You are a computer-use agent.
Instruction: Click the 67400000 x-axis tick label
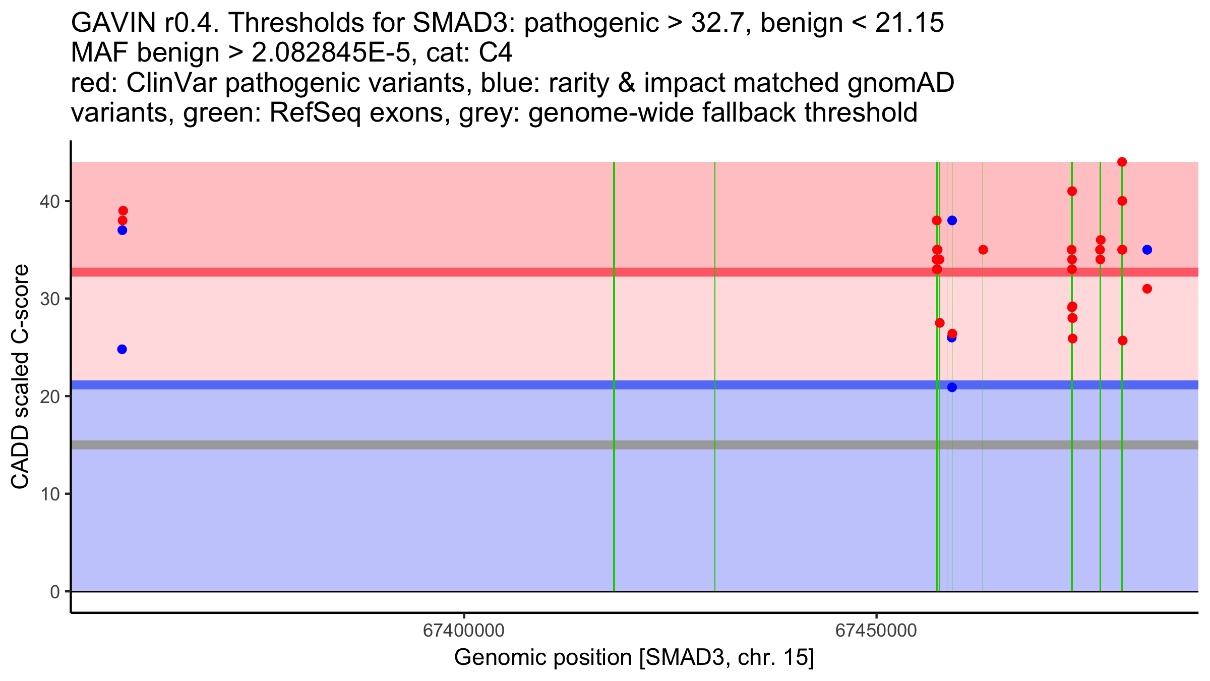tap(463, 631)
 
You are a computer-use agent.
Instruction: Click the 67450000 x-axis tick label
tap(876, 631)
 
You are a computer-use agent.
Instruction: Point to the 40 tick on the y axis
tap(49, 201)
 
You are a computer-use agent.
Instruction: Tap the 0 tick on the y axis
tap(55, 592)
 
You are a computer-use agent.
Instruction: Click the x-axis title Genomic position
tap(634, 658)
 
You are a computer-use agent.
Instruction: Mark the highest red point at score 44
tap(1122, 162)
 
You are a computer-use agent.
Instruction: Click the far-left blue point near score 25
tap(122, 349)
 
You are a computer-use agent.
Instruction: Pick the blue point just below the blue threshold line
tap(952, 387)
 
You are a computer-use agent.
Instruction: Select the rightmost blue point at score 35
tap(1147, 250)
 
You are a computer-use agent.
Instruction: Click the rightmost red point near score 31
tap(1147, 289)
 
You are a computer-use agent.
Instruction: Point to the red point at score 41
tap(1072, 191)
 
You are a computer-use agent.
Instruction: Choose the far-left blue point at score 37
tap(122, 230)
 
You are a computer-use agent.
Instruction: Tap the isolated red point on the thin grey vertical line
tap(983, 250)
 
